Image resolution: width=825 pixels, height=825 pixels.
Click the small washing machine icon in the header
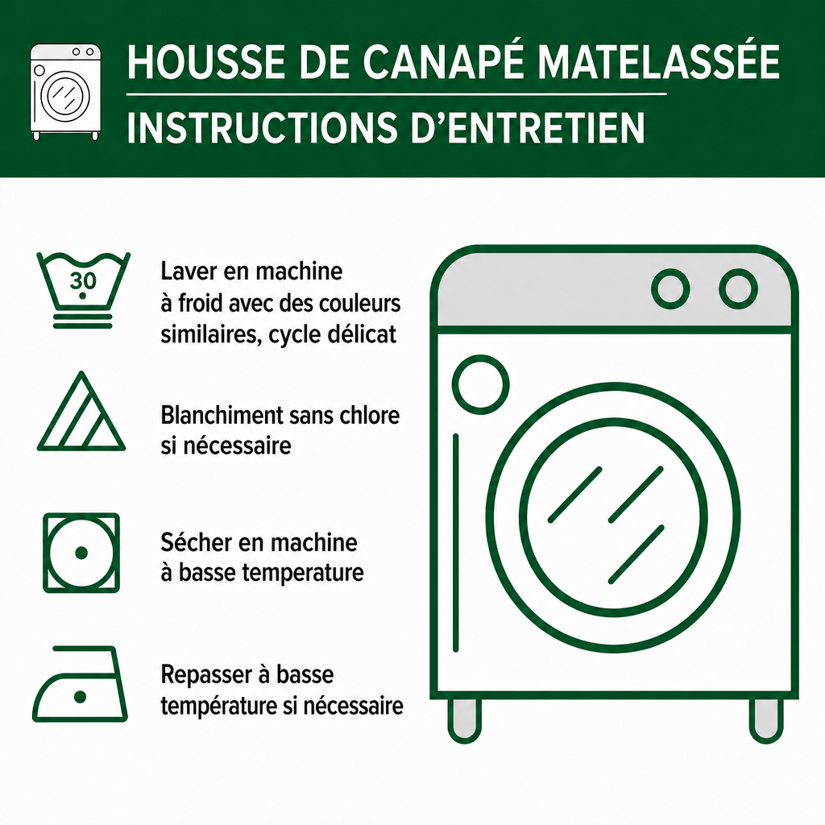[x=65, y=92]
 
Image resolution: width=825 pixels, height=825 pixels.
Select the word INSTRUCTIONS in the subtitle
[x=262, y=126]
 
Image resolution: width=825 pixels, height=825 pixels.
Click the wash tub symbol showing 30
[x=83, y=290]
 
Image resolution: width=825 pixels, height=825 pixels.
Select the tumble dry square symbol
[x=81, y=553]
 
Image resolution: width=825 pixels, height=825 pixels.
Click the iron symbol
[x=80, y=683]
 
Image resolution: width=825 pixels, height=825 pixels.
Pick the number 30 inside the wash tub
[x=83, y=281]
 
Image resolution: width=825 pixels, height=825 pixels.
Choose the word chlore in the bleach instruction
[x=369, y=415]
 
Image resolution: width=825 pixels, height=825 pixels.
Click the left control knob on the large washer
[x=670, y=289]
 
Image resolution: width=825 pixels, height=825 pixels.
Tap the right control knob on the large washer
[x=738, y=289]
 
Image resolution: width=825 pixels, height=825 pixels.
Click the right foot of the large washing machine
[x=766, y=719]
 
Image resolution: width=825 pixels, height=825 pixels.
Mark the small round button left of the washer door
[x=480, y=384]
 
